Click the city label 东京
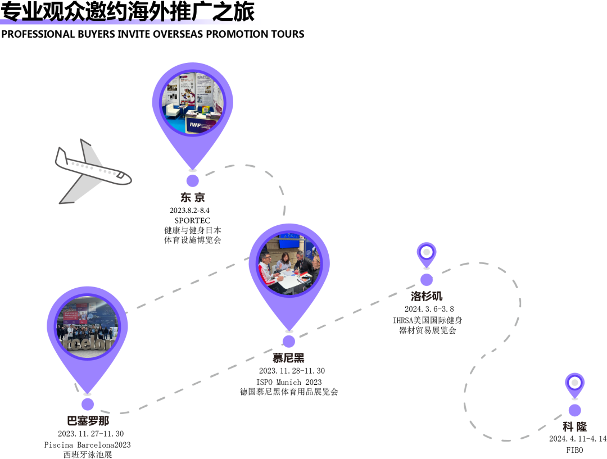pyautogui.click(x=193, y=197)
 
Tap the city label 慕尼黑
pyautogui.click(x=288, y=357)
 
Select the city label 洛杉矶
pyautogui.click(x=427, y=296)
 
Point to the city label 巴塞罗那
pyautogui.click(x=88, y=420)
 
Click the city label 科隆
pyautogui.click(x=574, y=426)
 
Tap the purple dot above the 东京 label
pyautogui.click(x=193, y=180)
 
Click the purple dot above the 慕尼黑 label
pyautogui.click(x=288, y=341)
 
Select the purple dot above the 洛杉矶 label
pyautogui.click(x=427, y=279)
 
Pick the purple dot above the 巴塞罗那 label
pyautogui.click(x=87, y=404)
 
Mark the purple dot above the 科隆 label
pyautogui.click(x=574, y=410)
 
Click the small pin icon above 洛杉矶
pyautogui.click(x=427, y=253)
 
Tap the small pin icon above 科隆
pyautogui.click(x=574, y=384)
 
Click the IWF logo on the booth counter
pyautogui.click(x=196, y=124)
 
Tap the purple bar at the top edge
pyautogui.click(x=129, y=21)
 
